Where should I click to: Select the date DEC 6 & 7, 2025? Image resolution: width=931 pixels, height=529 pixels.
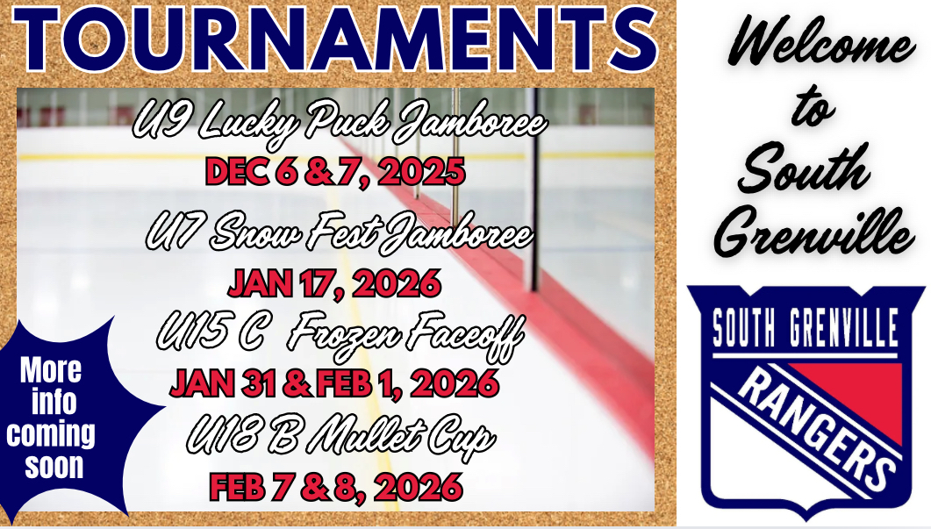click(335, 173)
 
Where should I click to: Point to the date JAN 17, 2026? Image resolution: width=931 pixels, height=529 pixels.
click(334, 283)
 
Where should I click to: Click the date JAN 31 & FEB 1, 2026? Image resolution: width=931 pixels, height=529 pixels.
click(334, 383)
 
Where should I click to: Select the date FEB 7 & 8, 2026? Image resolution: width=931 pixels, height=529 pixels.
click(336, 488)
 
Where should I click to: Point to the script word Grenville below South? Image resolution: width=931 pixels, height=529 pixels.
click(814, 232)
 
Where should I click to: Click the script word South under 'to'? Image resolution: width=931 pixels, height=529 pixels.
click(804, 168)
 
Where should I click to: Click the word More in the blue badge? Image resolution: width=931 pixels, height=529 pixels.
click(51, 370)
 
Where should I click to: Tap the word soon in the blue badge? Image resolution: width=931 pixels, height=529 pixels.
click(54, 466)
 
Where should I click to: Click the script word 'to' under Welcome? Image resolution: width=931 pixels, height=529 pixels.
click(813, 107)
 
